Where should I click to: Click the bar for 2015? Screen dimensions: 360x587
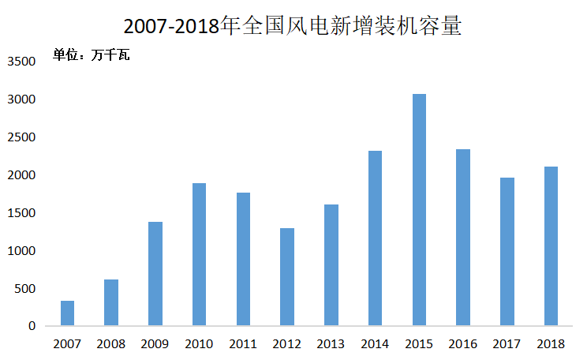pos(419,210)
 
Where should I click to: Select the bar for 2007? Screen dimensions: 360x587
pos(67,313)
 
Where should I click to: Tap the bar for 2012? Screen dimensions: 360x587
pos(287,277)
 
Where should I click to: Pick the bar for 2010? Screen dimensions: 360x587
pos(199,254)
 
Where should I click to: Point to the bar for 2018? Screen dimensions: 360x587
pos(551,246)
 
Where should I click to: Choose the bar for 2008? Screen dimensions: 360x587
pos(111,302)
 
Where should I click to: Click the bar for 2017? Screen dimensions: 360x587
pos(507,252)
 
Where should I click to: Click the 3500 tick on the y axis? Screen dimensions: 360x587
pos(22,62)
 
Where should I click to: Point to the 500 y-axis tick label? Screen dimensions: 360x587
pos(26,289)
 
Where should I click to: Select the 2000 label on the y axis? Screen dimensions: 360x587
pos(22,175)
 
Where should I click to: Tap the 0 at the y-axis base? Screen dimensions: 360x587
pos(33,326)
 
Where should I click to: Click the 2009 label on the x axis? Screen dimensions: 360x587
pos(155,343)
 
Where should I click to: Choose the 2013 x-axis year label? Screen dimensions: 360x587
pos(331,343)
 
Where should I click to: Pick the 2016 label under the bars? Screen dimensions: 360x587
pos(463,343)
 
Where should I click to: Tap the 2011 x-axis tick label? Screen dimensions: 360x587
pos(243,343)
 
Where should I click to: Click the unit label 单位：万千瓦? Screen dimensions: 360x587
pos(91,55)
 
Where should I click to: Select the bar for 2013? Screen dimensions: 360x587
pos(331,265)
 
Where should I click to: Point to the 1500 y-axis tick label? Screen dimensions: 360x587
pos(22,213)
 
